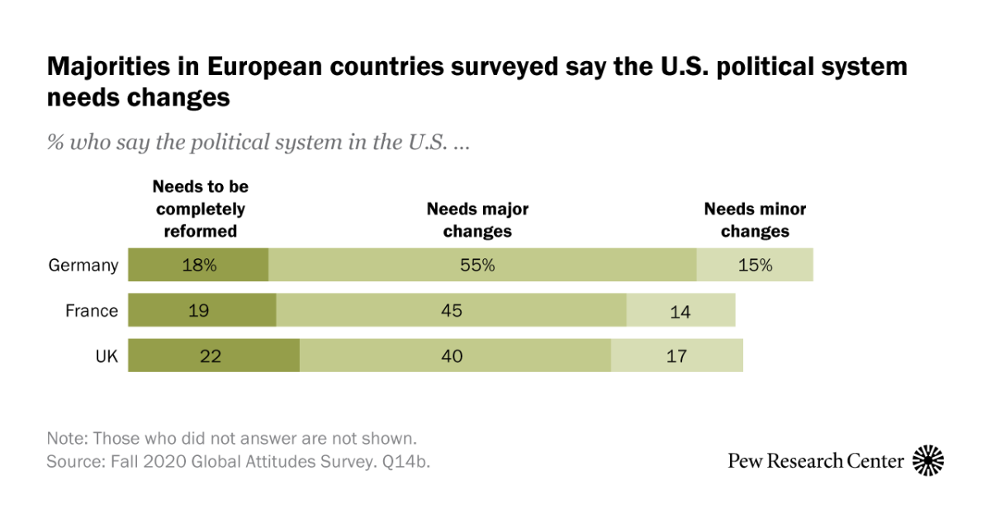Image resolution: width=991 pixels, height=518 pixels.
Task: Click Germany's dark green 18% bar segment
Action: point(198,265)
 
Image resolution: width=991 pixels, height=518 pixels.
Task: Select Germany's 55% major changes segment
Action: point(482,265)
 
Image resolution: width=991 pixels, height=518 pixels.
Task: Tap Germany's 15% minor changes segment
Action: point(755,265)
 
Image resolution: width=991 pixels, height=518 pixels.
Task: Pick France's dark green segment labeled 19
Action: point(202,311)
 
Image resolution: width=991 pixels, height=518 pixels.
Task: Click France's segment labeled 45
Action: point(451,311)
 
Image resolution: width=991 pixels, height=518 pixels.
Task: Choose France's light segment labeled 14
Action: point(680,311)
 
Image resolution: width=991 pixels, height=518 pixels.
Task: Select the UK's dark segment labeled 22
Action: point(213,356)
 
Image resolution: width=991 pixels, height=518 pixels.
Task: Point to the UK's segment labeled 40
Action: point(454,356)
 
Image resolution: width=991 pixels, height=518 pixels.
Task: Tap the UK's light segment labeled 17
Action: point(676,356)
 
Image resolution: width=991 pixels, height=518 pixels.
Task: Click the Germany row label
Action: point(83,266)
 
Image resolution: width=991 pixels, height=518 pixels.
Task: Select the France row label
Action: point(92,311)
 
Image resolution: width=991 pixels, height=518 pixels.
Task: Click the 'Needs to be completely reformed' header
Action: point(200,210)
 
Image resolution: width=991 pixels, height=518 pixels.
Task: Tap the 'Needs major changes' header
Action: point(477,220)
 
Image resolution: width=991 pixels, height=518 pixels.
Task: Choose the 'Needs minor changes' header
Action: point(755,220)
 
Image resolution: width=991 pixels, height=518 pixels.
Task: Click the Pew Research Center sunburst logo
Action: point(927,460)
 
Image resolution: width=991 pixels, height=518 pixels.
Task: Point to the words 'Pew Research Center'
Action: point(816,461)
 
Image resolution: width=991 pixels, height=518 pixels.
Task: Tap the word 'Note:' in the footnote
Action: point(65,438)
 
